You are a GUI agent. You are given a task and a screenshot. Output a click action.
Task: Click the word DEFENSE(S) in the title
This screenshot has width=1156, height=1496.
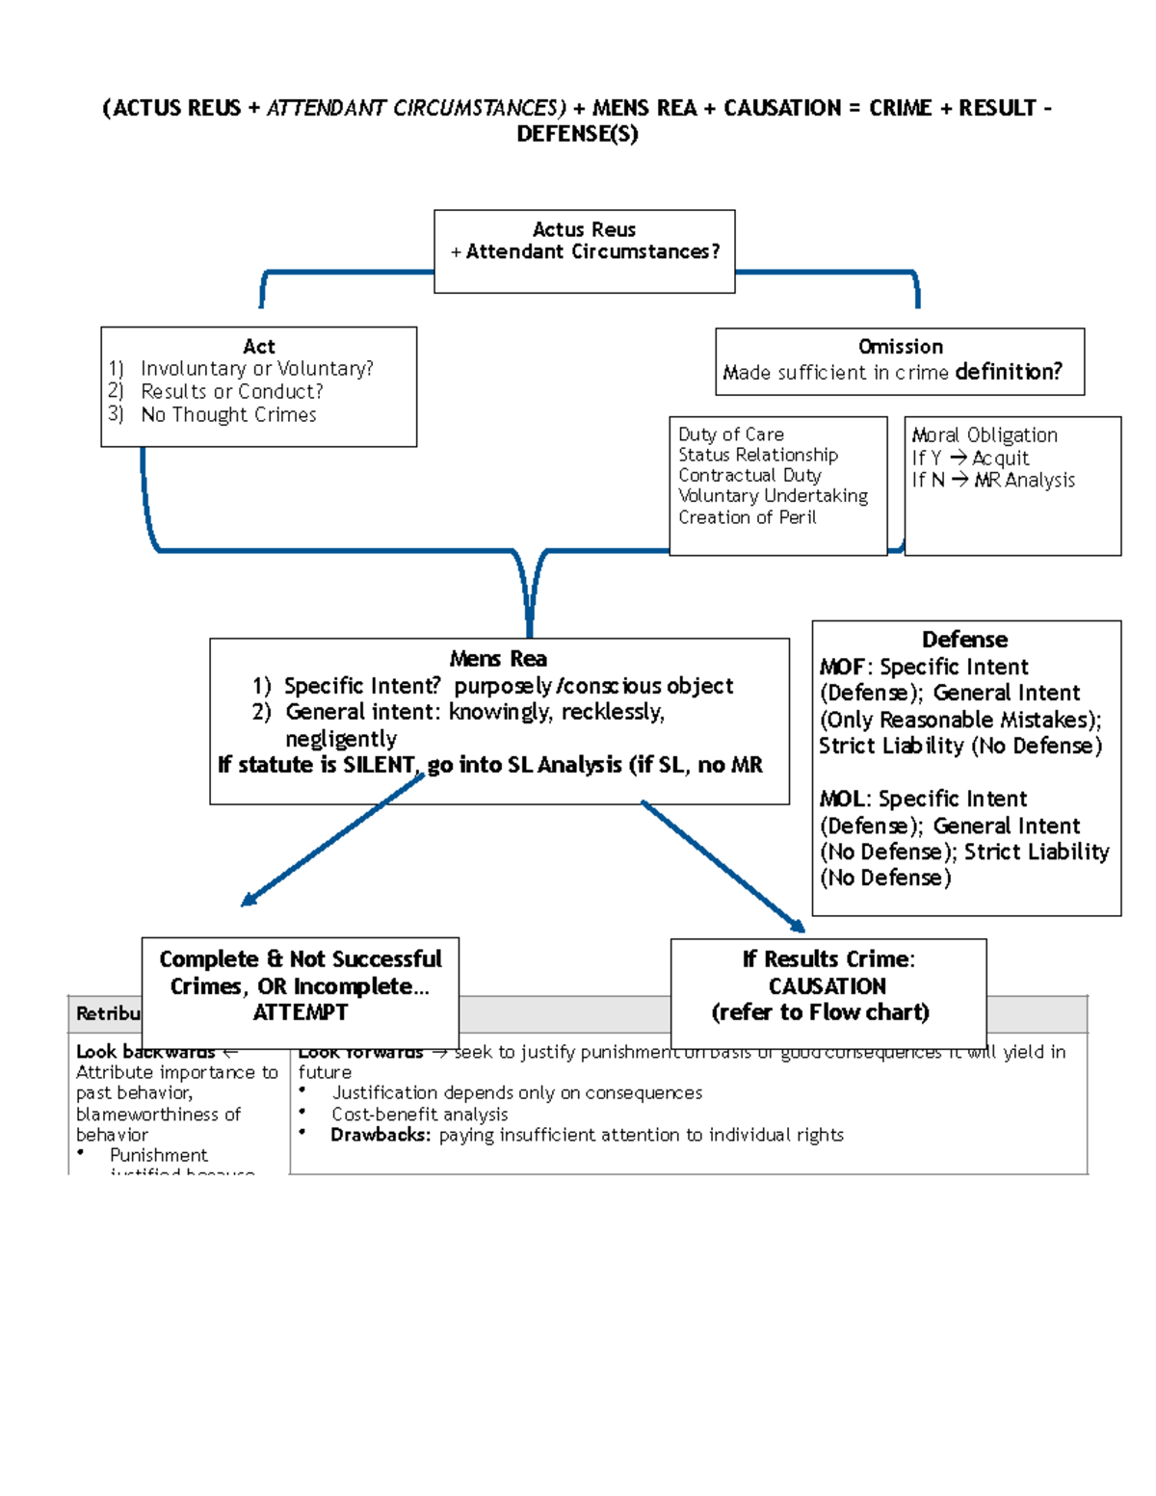pos(577,134)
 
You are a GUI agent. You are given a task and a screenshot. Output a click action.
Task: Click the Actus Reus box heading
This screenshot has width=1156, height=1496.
pos(584,229)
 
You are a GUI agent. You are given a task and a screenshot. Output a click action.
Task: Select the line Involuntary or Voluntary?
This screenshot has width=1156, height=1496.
pos(256,369)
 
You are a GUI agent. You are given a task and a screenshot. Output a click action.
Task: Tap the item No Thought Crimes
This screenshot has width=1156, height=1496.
pos(228,415)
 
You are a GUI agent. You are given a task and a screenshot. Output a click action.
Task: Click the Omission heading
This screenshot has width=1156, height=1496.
pos(900,347)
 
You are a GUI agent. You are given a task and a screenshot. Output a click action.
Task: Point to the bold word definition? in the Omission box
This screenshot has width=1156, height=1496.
pos(1008,372)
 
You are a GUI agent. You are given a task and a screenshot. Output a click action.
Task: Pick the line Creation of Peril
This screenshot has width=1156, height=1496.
pos(747,517)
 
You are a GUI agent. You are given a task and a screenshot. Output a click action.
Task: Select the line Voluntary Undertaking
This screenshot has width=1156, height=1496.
pos(773,496)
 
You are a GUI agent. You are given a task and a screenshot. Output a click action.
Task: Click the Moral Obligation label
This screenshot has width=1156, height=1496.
pos(985,435)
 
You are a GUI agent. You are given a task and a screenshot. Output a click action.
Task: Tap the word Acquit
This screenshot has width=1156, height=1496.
pos(1000,459)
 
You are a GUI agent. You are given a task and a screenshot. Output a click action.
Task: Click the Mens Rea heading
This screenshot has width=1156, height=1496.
pos(498,659)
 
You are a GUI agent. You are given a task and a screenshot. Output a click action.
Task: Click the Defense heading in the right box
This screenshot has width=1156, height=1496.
pos(964,640)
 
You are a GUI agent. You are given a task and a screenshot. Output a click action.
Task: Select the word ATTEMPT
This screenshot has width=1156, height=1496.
pos(300,1012)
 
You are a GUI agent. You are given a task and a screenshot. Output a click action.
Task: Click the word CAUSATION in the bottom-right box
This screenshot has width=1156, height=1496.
pos(827,986)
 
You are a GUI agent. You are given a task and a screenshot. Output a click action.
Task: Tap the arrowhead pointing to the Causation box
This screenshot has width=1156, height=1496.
pos(799,927)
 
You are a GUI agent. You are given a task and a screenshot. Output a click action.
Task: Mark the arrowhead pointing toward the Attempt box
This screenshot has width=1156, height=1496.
pos(248,901)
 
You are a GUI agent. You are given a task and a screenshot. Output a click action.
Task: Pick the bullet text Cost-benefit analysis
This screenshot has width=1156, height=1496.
pos(419,1115)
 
